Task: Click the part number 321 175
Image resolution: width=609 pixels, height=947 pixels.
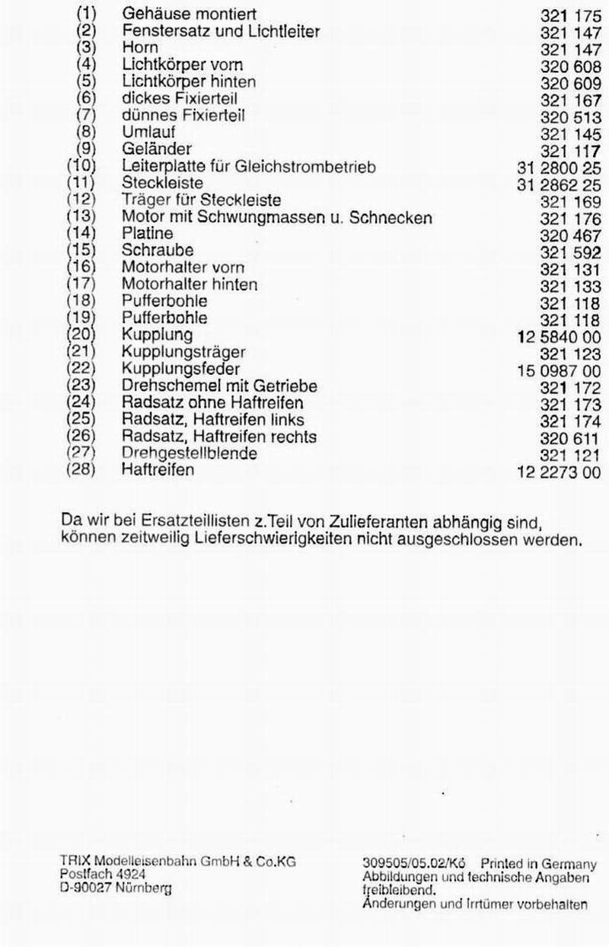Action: [x=570, y=15]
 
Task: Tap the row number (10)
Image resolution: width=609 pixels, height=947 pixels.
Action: [x=81, y=166]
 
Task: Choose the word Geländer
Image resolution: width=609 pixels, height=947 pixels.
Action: [x=156, y=149]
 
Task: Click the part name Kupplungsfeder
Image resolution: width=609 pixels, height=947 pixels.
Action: [x=180, y=370]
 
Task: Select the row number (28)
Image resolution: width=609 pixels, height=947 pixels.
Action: [x=81, y=470]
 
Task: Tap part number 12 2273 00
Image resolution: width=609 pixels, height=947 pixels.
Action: [x=559, y=472]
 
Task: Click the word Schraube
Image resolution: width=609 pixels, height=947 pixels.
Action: [x=158, y=251]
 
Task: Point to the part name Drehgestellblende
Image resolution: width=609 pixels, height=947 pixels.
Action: [x=189, y=453]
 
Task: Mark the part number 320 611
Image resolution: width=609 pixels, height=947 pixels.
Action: [x=570, y=438]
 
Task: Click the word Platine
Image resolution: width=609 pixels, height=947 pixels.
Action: [x=147, y=233]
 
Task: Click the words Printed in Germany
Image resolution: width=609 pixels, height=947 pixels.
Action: [x=538, y=864]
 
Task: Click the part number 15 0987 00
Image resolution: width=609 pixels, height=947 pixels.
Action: [x=559, y=371]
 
